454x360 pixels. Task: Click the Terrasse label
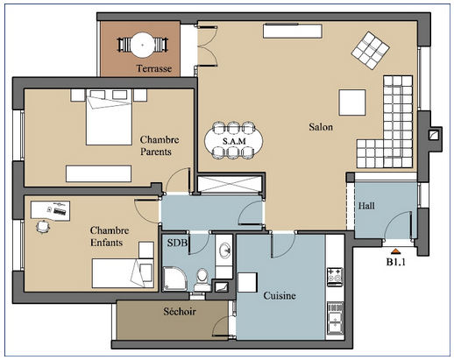(153, 68)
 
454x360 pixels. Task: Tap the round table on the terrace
(142, 45)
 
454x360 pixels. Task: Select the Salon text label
(321, 127)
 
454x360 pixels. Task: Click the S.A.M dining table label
(234, 141)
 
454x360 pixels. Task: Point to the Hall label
(366, 206)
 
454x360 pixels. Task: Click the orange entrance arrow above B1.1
(395, 251)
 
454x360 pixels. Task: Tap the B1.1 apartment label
(396, 262)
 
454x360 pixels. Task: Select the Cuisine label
(280, 295)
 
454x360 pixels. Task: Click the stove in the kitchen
(335, 277)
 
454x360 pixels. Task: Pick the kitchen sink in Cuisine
(335, 318)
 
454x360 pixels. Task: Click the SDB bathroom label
(177, 243)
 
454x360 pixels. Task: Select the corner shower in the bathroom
(174, 279)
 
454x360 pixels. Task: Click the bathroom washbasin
(224, 251)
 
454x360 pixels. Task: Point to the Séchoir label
(180, 312)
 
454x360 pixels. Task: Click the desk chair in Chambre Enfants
(43, 227)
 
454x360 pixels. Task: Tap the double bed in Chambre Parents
(109, 117)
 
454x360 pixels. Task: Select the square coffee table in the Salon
(352, 102)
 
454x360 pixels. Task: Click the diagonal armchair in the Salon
(370, 51)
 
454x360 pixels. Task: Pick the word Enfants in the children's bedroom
(106, 243)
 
